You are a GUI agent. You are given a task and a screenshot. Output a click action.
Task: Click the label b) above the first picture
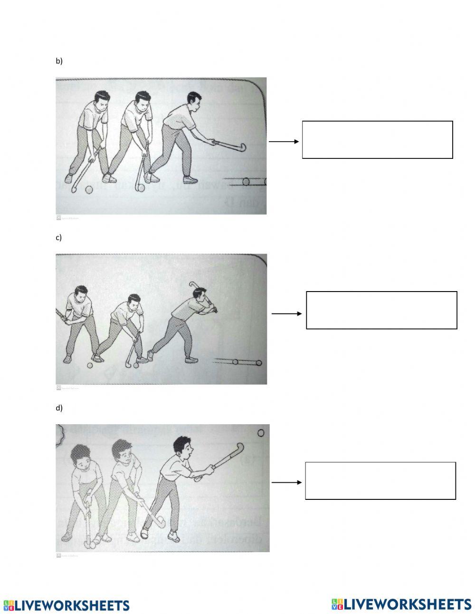click(x=59, y=61)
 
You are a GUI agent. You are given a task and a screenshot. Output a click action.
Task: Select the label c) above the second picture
click(x=59, y=237)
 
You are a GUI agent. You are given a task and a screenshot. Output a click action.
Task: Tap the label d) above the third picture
click(x=59, y=408)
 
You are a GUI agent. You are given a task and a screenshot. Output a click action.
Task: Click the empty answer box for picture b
click(x=377, y=139)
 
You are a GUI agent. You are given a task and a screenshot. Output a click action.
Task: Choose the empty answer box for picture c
click(x=381, y=310)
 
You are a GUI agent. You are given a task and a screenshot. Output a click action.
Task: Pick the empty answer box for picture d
click(x=380, y=480)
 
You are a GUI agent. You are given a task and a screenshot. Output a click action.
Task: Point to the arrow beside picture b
click(x=284, y=141)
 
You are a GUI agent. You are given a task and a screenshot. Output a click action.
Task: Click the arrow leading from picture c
click(x=286, y=313)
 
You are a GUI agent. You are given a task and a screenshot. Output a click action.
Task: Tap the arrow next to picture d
click(x=286, y=482)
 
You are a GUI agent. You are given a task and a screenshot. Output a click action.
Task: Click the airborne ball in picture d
click(x=260, y=433)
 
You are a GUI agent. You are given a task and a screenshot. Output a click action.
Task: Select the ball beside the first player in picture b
click(x=89, y=190)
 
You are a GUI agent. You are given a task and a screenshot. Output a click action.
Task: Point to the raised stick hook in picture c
click(x=193, y=285)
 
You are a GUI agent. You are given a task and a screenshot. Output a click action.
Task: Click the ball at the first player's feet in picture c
click(x=90, y=365)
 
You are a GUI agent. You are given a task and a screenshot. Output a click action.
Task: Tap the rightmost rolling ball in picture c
click(x=258, y=363)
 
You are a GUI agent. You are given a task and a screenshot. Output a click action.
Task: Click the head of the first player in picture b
click(x=102, y=101)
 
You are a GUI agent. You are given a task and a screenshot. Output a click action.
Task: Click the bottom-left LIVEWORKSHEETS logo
click(x=66, y=605)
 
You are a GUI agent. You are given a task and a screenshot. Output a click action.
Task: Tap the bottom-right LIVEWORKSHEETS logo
click(x=401, y=604)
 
